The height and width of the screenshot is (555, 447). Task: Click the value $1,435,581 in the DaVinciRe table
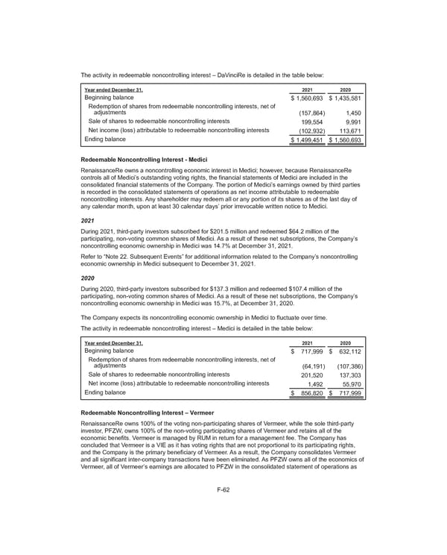pyautogui.click(x=347, y=98)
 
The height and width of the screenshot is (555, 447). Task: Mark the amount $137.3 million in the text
pyautogui.click(x=223, y=288)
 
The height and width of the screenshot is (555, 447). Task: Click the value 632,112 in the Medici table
pyautogui.click(x=350, y=351)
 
